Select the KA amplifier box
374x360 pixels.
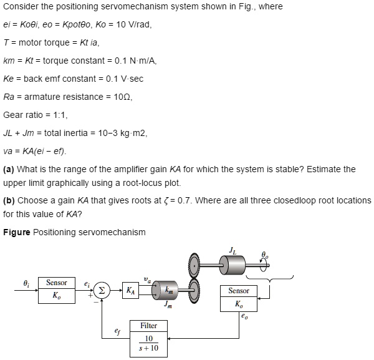[129, 290]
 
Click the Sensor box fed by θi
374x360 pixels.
[56, 290]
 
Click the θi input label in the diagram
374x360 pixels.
[26, 284]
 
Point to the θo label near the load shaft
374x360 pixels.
[264, 255]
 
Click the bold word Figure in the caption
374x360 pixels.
[17, 232]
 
